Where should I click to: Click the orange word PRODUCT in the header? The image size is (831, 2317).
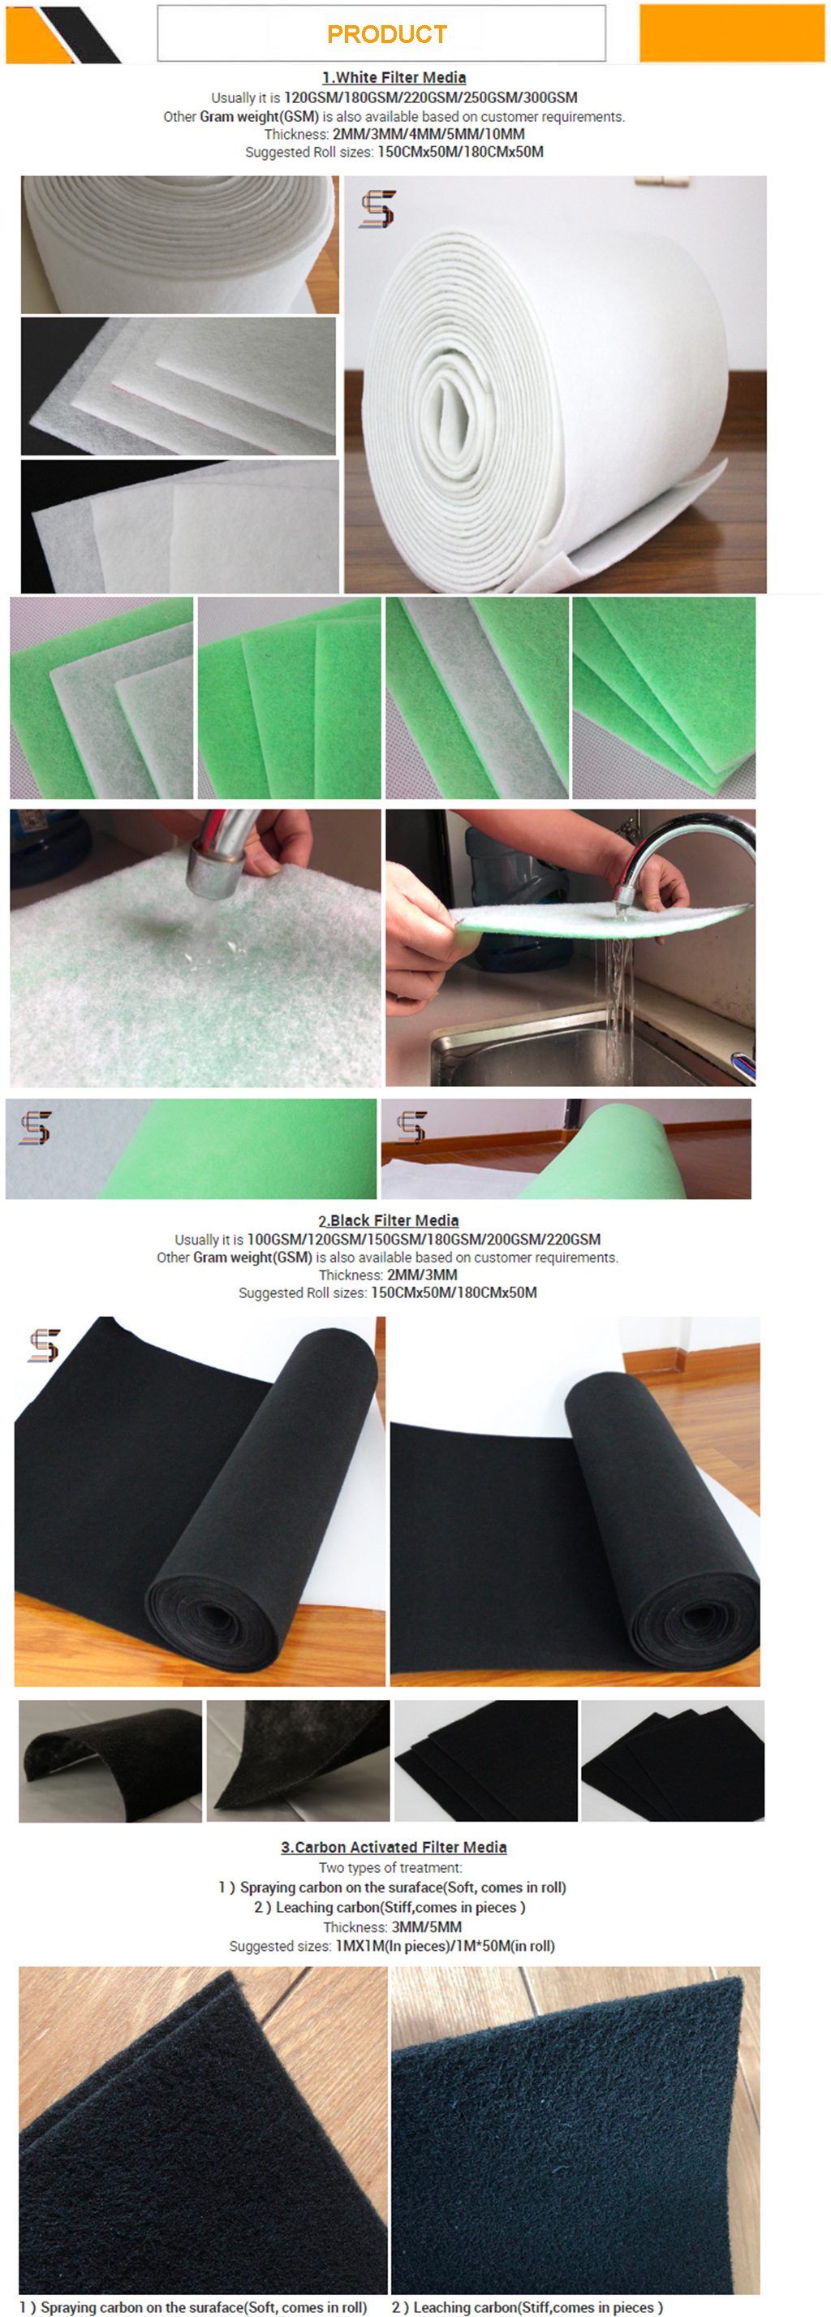coord(387,34)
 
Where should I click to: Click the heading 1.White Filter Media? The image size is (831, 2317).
coord(394,77)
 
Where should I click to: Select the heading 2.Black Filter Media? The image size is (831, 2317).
coord(389,1219)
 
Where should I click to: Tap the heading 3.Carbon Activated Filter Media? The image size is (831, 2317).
coord(394,1847)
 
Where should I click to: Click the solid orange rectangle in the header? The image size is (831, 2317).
coord(732,33)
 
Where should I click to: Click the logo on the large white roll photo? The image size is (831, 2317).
coord(377,209)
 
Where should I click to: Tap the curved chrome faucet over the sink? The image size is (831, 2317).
coord(683,855)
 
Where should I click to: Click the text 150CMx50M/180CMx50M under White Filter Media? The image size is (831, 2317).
coord(460,152)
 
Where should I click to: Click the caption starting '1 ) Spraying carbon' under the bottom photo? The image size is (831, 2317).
coord(193,2307)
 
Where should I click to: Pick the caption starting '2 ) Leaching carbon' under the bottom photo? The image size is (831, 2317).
coord(527,2307)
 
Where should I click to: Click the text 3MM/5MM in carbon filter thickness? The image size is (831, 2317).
coord(426,1927)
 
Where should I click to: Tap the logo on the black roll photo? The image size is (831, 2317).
coord(44,1344)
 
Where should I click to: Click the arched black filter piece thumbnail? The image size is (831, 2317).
coord(110,1760)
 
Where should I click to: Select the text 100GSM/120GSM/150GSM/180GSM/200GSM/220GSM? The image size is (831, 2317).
coord(424,1239)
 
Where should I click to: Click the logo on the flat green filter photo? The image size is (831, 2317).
coord(35,1127)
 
